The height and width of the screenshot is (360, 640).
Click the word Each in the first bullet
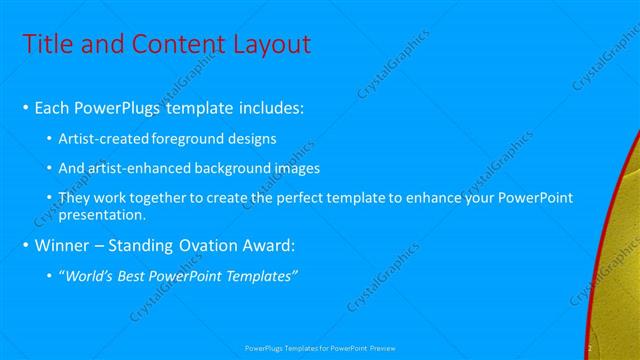tap(52, 107)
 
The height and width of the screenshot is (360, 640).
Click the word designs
tap(251, 138)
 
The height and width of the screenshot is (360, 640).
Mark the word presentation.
tap(103, 214)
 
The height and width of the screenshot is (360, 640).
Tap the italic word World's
tap(89, 276)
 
